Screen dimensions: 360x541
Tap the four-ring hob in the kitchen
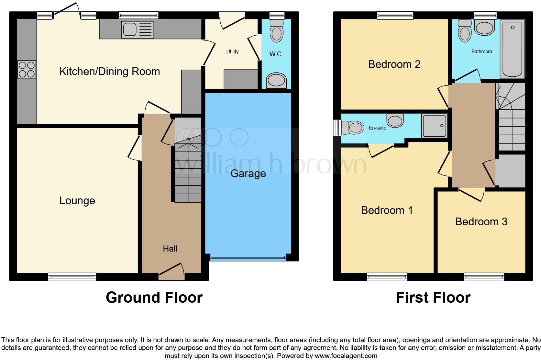[27, 70]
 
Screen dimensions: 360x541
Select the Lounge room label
[77, 201]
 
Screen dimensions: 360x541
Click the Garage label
[248, 174]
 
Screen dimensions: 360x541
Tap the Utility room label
[232, 51]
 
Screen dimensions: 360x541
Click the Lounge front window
[72, 276]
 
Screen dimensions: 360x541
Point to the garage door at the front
[248, 258]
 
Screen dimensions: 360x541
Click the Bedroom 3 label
[481, 222]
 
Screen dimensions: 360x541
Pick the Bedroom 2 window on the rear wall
[395, 15]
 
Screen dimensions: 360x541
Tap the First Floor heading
[433, 298]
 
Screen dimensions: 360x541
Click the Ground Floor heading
[154, 298]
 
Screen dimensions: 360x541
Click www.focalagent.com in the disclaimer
[346, 356]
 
